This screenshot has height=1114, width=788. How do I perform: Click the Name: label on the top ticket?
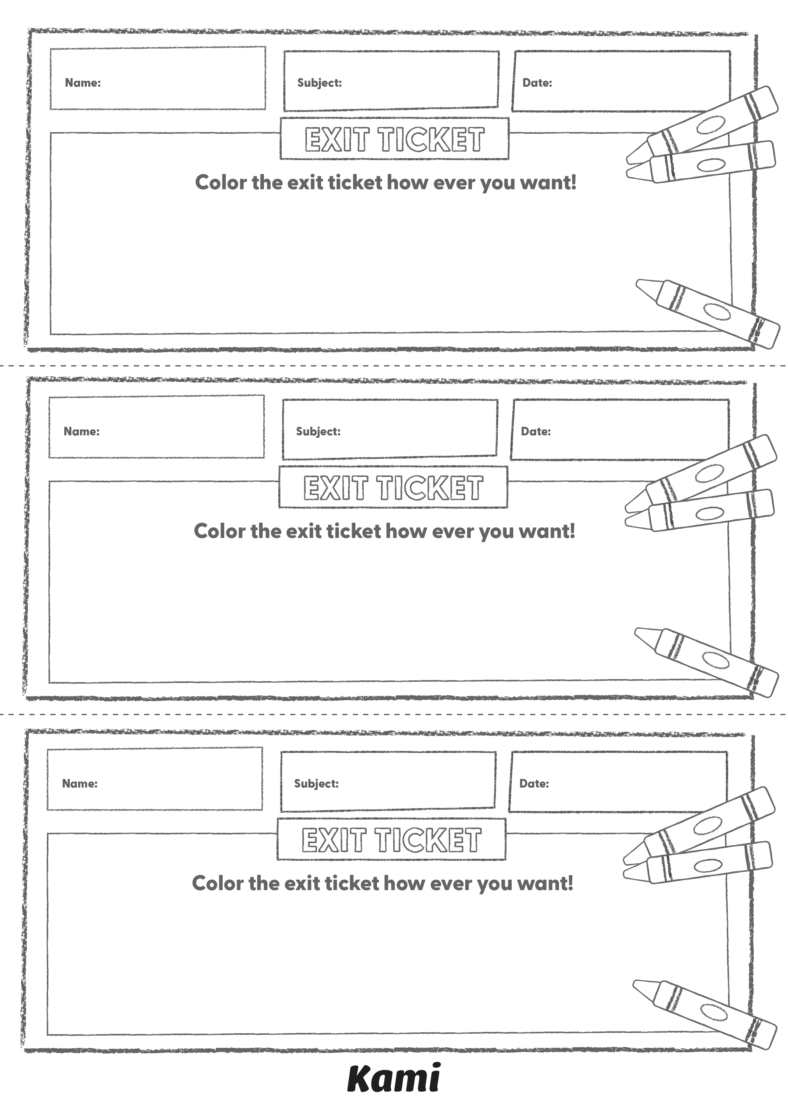click(x=83, y=83)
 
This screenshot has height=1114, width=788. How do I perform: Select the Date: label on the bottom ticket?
click(x=534, y=784)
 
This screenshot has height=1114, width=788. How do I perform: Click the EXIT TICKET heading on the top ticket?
click(x=394, y=140)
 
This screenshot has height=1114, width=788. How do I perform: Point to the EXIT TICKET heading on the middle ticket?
click(x=393, y=488)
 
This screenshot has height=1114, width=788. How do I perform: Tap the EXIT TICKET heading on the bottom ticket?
click(x=391, y=840)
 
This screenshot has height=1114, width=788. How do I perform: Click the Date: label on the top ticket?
click(x=537, y=83)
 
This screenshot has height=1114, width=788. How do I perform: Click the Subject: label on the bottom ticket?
click(x=316, y=784)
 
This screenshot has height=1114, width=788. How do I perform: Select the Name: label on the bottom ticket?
click(x=80, y=784)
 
